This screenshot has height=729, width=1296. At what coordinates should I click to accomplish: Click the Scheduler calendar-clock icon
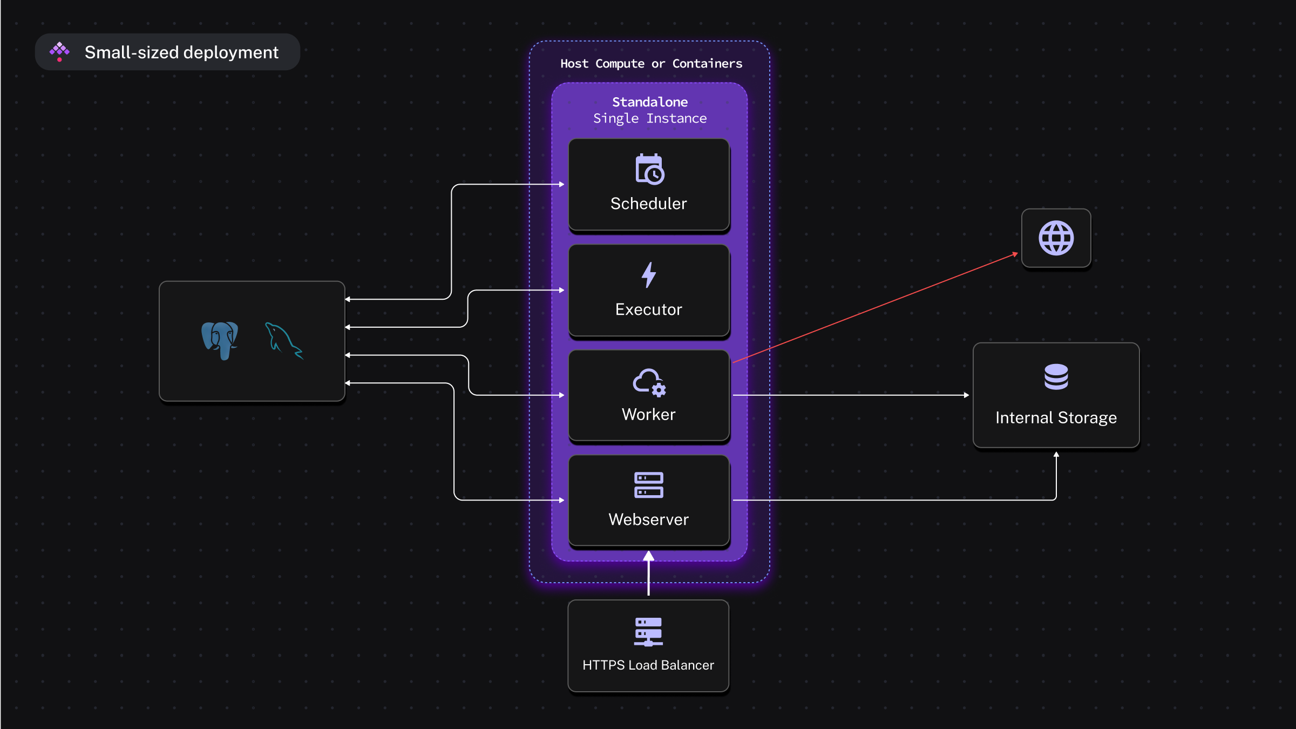pos(649,170)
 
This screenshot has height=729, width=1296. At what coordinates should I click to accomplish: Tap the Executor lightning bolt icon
pos(649,275)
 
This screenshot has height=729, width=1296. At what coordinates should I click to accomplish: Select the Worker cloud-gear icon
pos(649,382)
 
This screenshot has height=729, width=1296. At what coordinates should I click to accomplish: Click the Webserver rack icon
pos(648,485)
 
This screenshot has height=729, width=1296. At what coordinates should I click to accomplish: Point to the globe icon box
pos(1056,238)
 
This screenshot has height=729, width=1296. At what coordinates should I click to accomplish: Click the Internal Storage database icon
pos(1056,377)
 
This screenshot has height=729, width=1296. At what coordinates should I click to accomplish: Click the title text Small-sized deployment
pos(181,52)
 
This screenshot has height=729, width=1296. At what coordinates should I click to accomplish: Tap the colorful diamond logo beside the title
pos(59,52)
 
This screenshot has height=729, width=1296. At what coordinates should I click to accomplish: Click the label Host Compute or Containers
pos(651,64)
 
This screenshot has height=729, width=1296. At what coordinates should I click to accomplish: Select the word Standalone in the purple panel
pos(649,102)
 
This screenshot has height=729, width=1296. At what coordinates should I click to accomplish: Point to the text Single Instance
pos(649,118)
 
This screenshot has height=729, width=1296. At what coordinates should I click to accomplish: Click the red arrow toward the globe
pos(874,307)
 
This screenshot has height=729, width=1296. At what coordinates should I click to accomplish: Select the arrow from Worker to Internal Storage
pos(850,395)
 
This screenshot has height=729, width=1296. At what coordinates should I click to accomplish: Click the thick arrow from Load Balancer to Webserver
pos(648,575)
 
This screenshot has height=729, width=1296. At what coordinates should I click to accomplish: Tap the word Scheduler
pos(648,204)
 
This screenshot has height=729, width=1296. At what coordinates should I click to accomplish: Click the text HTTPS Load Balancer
pos(648,665)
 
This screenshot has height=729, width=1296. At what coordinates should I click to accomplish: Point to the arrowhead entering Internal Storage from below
pos(1056,455)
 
